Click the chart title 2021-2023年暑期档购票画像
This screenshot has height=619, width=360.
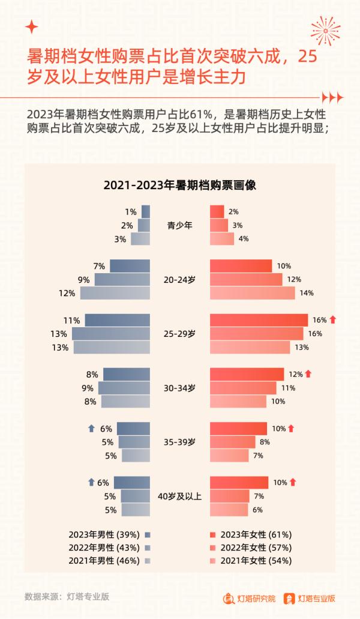click(179, 185)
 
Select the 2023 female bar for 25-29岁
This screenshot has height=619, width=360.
click(259, 320)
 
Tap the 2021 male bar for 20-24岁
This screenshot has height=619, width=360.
click(115, 293)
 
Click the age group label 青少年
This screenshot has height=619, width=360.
click(179, 226)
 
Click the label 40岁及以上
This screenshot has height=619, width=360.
click(179, 496)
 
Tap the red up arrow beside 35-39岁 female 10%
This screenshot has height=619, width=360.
click(292, 429)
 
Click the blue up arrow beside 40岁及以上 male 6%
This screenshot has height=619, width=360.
click(91, 482)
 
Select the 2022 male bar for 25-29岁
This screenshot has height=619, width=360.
click(111, 334)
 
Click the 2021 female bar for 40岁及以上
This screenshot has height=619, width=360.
click(229, 510)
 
